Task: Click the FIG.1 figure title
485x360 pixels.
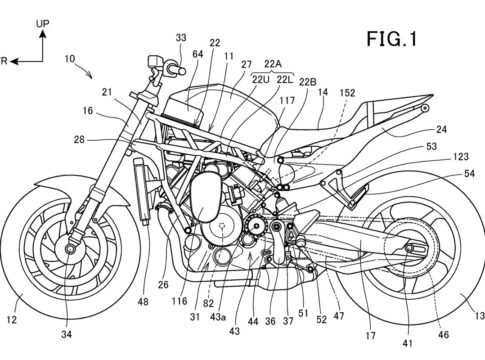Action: tap(392, 39)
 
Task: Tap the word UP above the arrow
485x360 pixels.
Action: tap(43, 24)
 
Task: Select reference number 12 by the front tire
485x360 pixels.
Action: tap(12, 320)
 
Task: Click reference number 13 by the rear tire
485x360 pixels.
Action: tap(480, 315)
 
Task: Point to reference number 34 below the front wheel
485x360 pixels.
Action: tap(66, 334)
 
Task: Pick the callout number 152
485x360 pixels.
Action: tap(348, 93)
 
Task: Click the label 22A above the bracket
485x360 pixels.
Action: tap(273, 64)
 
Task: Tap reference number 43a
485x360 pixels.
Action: tap(218, 317)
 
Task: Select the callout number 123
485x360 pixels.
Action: tap(461, 156)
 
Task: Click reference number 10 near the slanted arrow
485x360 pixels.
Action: tap(70, 59)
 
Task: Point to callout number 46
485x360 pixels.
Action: tap(443, 334)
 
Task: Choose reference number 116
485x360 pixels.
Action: tap(179, 301)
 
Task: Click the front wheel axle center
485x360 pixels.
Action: tap(70, 249)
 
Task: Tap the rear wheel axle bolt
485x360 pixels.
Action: tap(409, 248)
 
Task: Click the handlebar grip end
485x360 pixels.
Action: tap(182, 71)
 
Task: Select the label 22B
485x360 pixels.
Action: tap(308, 82)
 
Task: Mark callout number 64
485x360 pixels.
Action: tap(198, 54)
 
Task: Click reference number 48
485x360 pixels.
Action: tap(143, 302)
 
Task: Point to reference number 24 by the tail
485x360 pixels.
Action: tap(441, 129)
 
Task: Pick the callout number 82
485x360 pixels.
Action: tap(208, 303)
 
